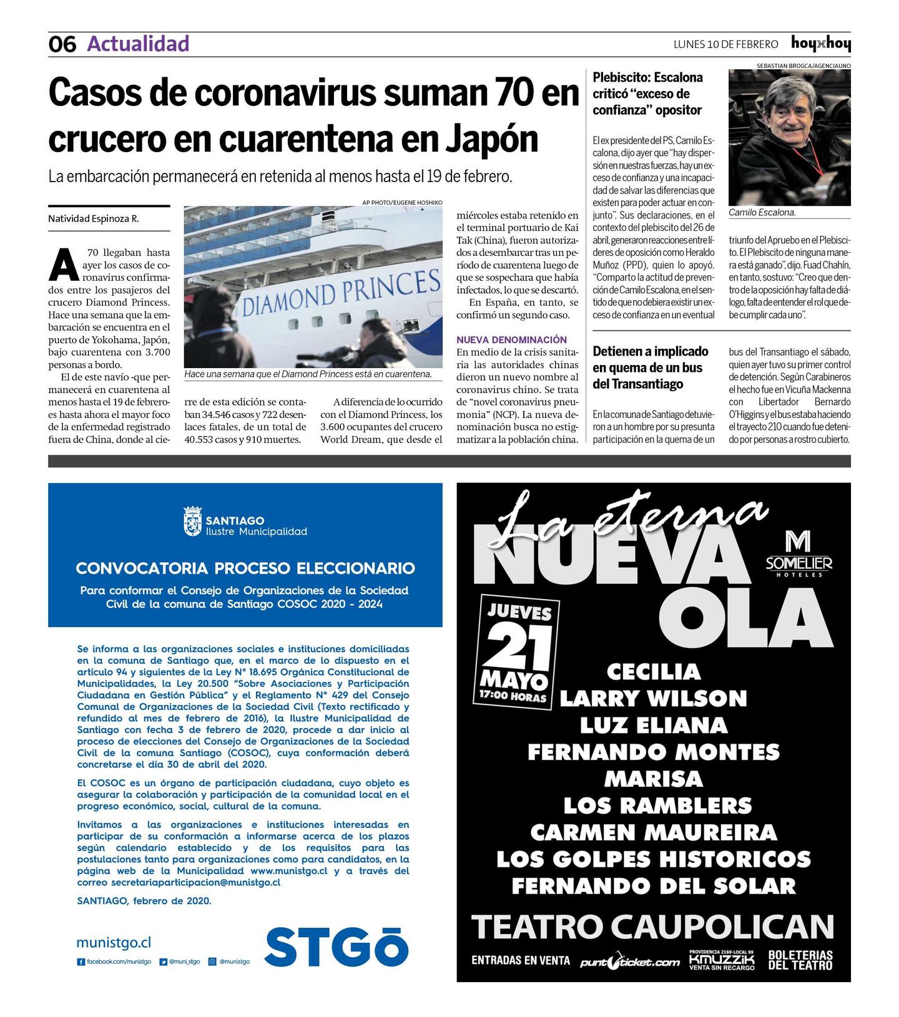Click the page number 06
click(x=62, y=44)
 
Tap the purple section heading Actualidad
click(x=138, y=44)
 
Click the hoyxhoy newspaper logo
click(x=820, y=44)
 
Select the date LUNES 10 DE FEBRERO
click(x=725, y=44)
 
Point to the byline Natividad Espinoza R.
click(x=93, y=219)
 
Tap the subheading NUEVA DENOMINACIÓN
click(x=511, y=339)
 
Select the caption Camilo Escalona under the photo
click(x=762, y=213)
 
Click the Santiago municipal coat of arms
click(x=192, y=521)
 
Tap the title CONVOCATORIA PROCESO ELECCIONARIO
click(x=245, y=568)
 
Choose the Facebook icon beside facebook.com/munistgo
click(x=81, y=961)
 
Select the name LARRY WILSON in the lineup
click(x=653, y=698)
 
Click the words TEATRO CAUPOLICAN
click(x=652, y=927)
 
